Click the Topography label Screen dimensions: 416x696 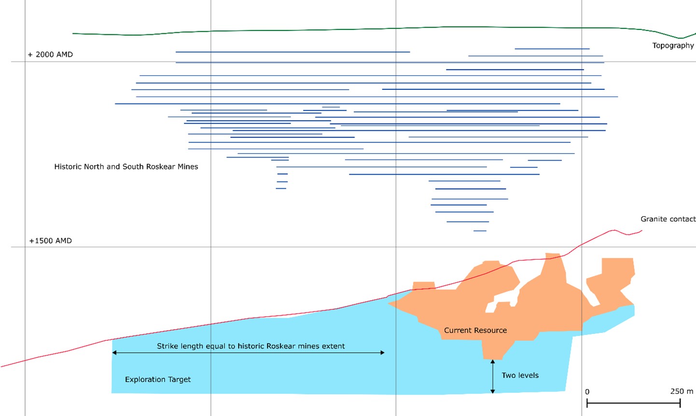click(673, 45)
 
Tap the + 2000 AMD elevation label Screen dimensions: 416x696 click(50, 55)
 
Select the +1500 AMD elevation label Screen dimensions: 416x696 click(50, 241)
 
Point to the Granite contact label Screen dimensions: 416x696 click(668, 219)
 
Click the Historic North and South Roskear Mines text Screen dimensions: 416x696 click(126, 166)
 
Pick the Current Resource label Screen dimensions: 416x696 click(475, 331)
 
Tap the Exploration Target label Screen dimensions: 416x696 click(158, 379)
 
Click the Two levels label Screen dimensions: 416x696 click(520, 375)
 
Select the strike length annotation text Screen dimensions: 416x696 click(251, 346)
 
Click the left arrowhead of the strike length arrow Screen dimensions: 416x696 click(114, 353)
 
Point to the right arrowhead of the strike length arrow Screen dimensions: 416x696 click(382, 353)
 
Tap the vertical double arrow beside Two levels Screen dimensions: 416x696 click(493, 376)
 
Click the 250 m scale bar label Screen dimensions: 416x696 click(682, 391)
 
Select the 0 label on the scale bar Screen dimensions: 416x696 click(587, 392)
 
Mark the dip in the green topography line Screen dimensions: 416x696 click(681, 38)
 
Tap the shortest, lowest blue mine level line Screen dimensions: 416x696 click(480, 231)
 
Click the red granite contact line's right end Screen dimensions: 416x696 click(641, 231)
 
